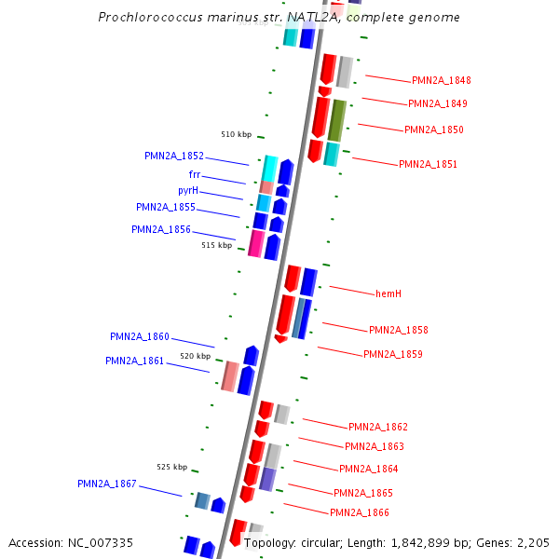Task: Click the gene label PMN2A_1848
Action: click(x=442, y=81)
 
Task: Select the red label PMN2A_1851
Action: click(x=428, y=165)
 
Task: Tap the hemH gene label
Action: click(x=388, y=294)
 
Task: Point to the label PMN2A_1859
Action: click(x=392, y=355)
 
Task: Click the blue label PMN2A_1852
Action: click(x=174, y=157)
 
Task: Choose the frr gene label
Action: click(x=195, y=175)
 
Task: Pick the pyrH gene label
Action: click(x=189, y=191)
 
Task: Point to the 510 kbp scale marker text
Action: click(x=236, y=134)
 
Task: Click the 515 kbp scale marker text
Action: click(x=217, y=245)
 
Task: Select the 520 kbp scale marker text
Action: click(x=196, y=356)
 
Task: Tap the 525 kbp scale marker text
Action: click(x=171, y=467)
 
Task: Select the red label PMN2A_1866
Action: click(x=360, y=513)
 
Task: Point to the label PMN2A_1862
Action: click(x=378, y=428)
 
